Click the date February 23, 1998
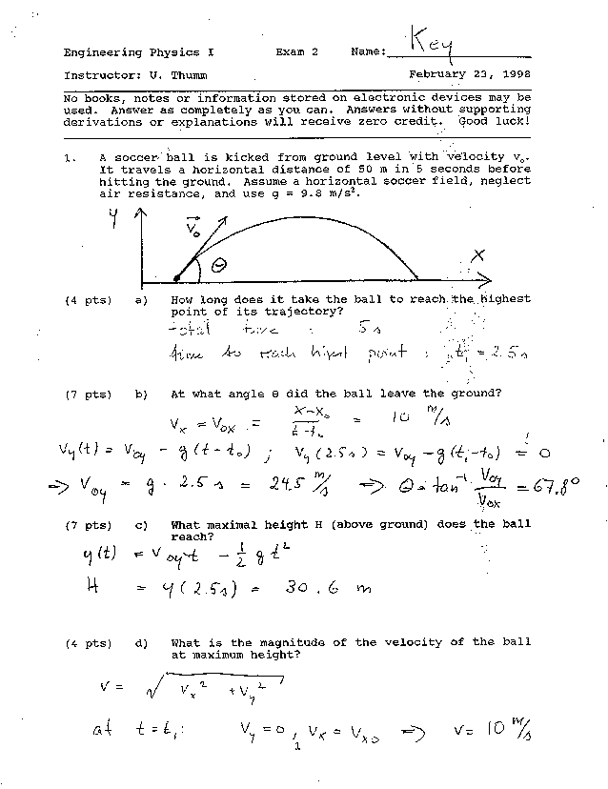[470, 73]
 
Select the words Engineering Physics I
[134, 52]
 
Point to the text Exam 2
[296, 52]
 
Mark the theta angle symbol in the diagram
[218, 267]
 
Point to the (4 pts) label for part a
[86, 300]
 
